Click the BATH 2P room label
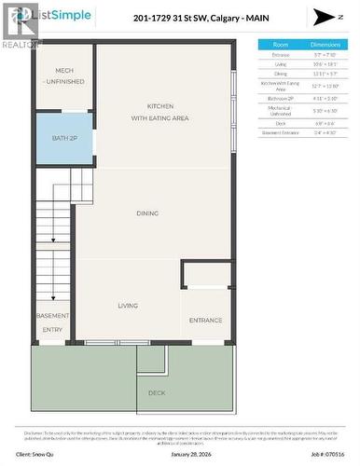[64, 139]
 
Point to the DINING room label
[147, 213]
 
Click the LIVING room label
[128, 306]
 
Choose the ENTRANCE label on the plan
[206, 320]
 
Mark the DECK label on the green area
[157, 392]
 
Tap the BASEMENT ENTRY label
[52, 322]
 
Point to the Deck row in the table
[280, 122]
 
